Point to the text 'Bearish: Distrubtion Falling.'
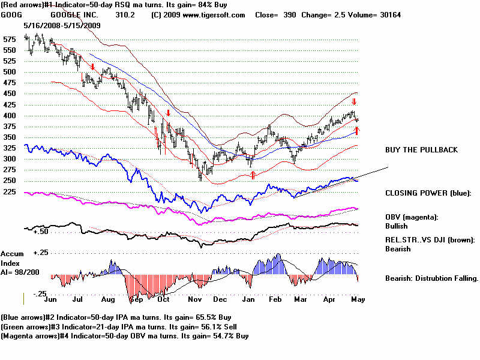point(431,278)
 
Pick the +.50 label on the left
point(41,231)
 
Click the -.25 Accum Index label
point(38,293)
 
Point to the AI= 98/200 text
point(19,272)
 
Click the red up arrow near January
point(253,175)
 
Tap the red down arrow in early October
point(169,112)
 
